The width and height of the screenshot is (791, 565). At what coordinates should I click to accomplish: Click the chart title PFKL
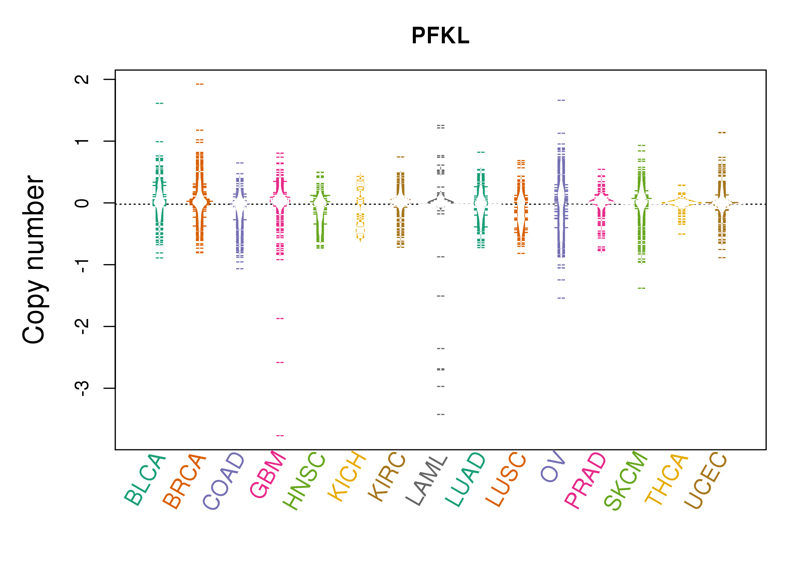(x=440, y=36)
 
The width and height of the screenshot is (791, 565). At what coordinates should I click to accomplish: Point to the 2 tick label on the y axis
(x=82, y=79)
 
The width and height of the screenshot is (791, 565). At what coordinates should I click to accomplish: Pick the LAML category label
(x=427, y=481)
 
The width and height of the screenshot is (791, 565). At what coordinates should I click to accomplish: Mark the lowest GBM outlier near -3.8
(x=280, y=436)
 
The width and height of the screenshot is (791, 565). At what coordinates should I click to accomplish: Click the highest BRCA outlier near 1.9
(x=200, y=84)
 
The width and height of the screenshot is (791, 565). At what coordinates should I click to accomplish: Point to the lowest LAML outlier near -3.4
(x=441, y=414)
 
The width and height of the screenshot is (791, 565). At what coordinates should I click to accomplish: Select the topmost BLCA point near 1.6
(x=160, y=103)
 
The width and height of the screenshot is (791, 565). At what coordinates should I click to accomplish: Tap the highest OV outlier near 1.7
(x=561, y=100)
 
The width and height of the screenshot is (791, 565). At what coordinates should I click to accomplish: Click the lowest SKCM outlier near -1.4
(x=641, y=288)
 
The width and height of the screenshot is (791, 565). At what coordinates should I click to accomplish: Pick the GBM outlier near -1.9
(x=280, y=319)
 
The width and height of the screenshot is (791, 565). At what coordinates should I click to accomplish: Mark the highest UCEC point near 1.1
(x=722, y=133)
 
